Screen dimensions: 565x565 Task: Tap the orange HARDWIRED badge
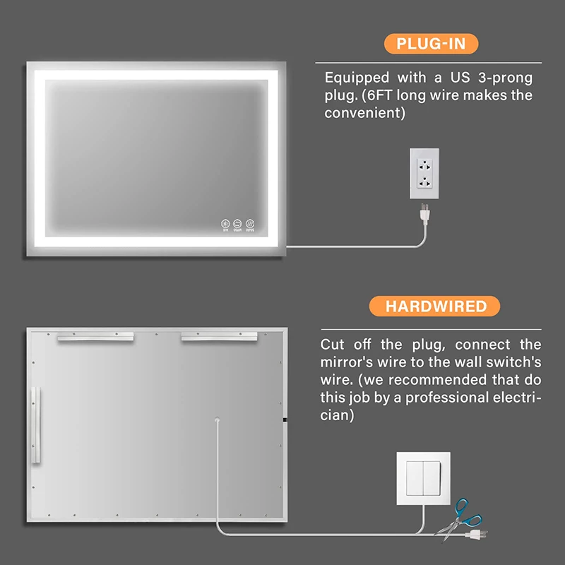[x=436, y=306]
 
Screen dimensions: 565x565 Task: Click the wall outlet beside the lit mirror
[x=424, y=174]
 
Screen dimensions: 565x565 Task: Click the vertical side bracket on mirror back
[x=37, y=424]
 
